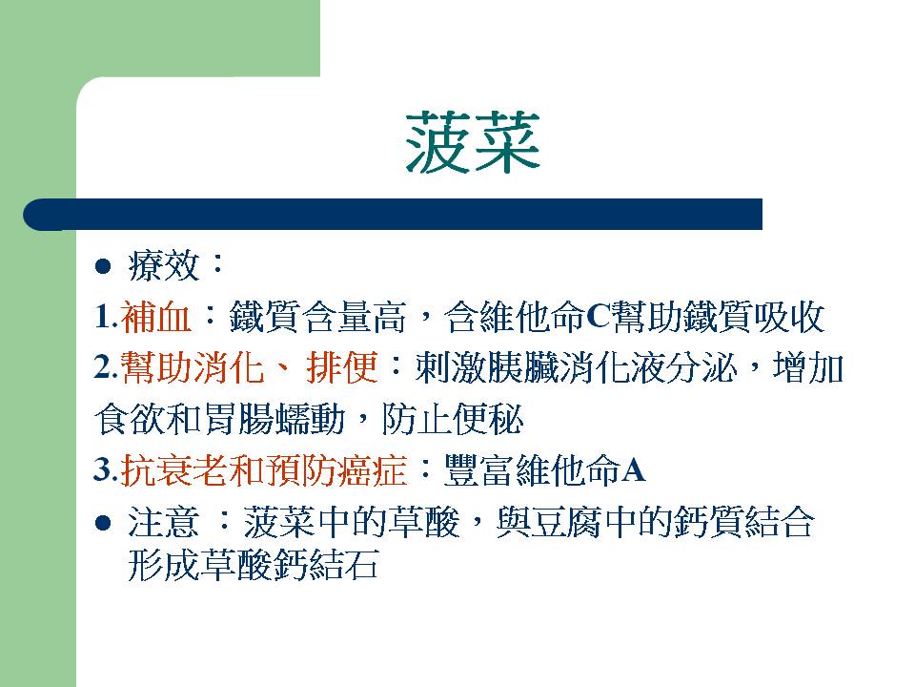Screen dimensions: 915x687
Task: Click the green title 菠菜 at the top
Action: pos(473,142)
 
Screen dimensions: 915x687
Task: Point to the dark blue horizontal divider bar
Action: pos(393,215)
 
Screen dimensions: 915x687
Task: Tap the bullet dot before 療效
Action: pos(103,266)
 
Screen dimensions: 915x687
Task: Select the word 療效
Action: pos(163,266)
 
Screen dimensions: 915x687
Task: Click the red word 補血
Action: pos(156,317)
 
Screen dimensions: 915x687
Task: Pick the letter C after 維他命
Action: pos(599,317)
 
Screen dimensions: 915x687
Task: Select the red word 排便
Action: pos(342,367)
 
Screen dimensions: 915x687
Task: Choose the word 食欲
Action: pos(131,419)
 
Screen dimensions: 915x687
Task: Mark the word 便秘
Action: pos(488,419)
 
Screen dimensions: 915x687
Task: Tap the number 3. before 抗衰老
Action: pos(106,470)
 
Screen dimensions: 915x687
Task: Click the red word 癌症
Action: pos(371,469)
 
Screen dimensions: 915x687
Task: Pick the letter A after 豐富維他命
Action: pos(635,470)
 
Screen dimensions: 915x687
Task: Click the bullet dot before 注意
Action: pos(103,522)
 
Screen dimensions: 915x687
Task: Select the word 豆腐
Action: pos(566,522)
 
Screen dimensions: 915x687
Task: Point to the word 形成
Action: pos(163,564)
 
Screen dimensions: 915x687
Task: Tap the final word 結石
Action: pos(342,564)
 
